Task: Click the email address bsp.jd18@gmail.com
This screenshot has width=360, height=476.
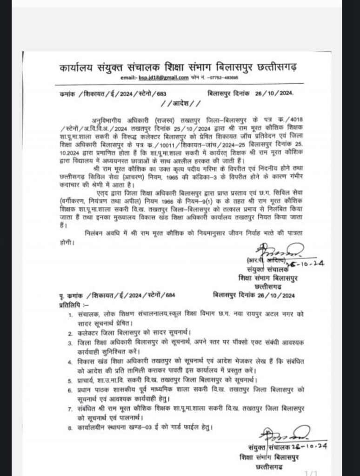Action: click(160, 78)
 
